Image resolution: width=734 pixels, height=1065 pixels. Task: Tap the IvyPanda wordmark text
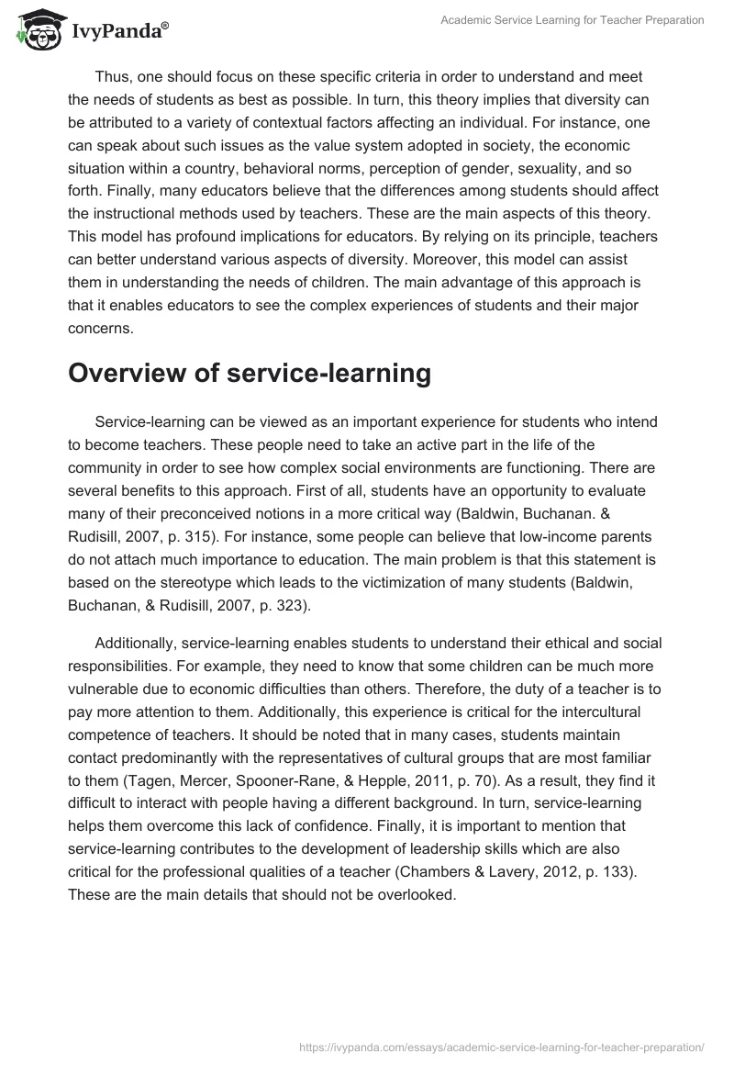point(118,33)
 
